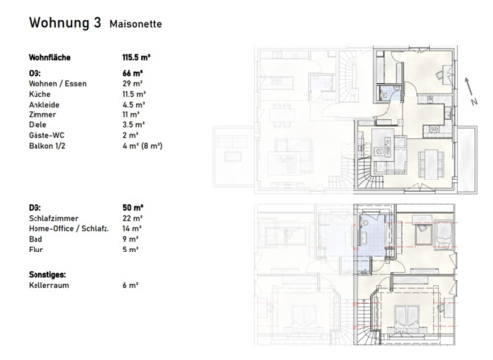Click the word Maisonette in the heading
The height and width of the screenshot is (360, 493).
click(137, 23)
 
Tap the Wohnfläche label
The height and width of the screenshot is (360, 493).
click(50, 58)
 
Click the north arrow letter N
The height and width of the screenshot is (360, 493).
click(473, 101)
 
